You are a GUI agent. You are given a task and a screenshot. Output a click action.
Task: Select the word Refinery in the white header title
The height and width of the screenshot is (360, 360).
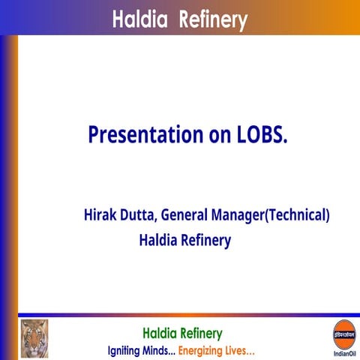[212, 19]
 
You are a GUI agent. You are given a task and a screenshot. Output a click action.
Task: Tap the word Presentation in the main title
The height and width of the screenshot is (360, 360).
[140, 135]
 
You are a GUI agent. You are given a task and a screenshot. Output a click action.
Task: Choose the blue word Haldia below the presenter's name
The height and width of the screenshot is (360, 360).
[158, 241]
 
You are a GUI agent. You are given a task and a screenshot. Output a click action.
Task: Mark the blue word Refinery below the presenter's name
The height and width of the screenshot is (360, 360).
[206, 241]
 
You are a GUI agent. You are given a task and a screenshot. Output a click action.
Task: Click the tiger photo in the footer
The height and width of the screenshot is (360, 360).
[34, 338]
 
